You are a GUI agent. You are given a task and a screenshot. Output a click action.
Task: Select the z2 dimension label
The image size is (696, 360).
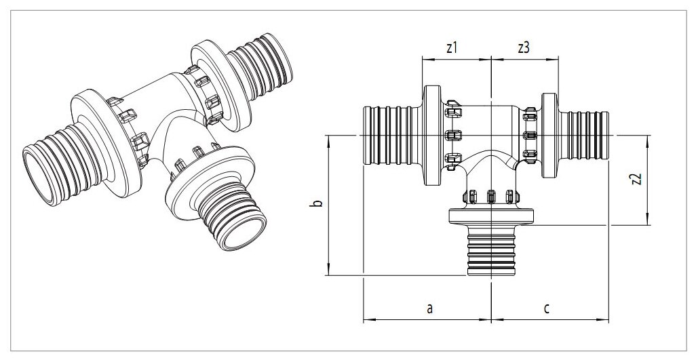636,180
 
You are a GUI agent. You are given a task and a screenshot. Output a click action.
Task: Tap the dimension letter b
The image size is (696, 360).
319,203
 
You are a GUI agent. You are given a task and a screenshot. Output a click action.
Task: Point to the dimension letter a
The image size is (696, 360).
429,308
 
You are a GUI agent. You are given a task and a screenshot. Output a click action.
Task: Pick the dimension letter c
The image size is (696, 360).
547,308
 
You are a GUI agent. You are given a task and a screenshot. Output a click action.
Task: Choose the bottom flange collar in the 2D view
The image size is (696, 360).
490,218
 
